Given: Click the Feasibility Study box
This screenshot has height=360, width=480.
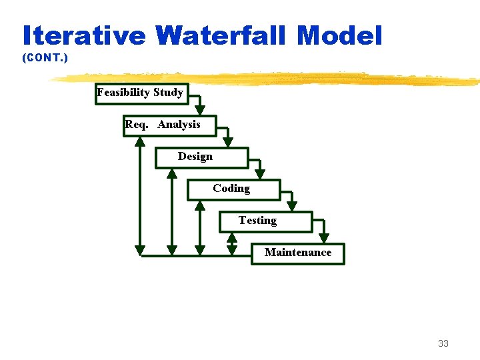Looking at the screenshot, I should click(141, 93).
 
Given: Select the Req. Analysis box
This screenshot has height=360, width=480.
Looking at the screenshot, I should click(169, 125).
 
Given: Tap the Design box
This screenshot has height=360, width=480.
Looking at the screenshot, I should click(201, 157).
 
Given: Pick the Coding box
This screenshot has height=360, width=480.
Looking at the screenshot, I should click(233, 189).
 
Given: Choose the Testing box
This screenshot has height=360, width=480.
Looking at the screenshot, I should click(265, 221).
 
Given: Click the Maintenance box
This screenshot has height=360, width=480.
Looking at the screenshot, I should click(298, 253).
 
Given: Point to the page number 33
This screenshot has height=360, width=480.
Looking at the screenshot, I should click(443, 344).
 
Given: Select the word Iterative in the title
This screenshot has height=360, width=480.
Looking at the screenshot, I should click(83, 35).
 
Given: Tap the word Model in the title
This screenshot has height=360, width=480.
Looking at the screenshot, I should click(340, 35).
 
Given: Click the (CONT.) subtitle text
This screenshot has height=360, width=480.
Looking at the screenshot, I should click(45, 59).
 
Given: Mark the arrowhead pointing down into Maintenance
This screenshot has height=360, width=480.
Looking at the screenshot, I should click(324, 237).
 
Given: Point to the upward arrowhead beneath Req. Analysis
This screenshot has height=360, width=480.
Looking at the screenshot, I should click(140, 141).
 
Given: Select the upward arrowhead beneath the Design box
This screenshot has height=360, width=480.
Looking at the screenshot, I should click(172, 173).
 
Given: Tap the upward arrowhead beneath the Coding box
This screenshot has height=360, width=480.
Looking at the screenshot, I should click(200, 205).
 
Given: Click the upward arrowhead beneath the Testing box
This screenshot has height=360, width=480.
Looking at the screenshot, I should click(232, 237).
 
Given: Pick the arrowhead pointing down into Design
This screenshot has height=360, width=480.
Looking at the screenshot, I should click(228, 142).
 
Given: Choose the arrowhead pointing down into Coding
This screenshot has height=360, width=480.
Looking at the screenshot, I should click(260, 174).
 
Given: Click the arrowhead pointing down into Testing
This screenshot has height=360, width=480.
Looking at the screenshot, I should click(291, 206).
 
